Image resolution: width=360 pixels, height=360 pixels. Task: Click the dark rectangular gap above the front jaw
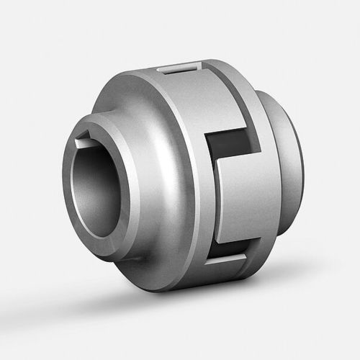[x=229, y=148]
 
